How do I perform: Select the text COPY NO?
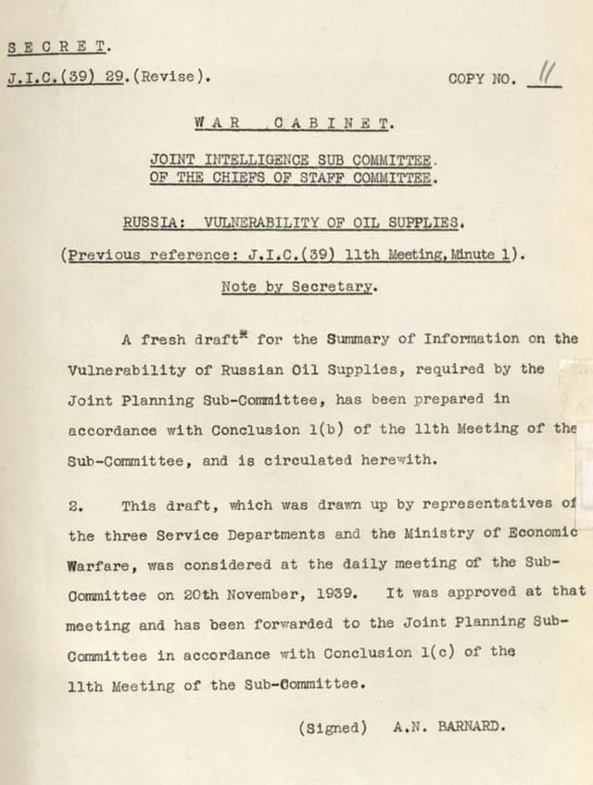[481, 79]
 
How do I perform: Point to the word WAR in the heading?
[212, 121]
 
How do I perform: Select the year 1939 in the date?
[334, 593]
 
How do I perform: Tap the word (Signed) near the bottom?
[333, 727]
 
